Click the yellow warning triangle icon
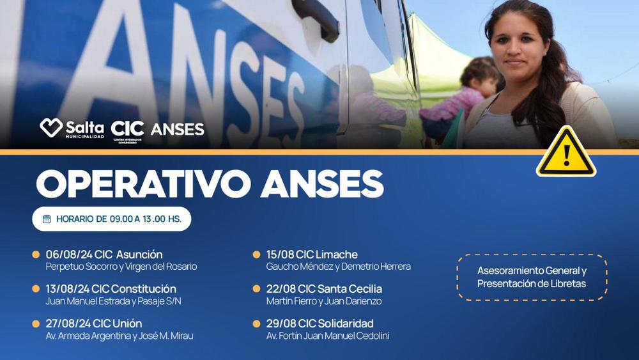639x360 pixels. coord(566,154)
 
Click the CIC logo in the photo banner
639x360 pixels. coord(127,128)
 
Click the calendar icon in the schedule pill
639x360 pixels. coord(47,219)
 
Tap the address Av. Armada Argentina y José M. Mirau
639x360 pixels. coord(120,336)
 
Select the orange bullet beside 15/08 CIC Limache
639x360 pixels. coord(257,254)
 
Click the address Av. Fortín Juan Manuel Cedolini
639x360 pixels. coord(328,336)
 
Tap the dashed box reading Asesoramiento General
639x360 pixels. coord(532,277)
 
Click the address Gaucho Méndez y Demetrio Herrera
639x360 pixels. coord(339,267)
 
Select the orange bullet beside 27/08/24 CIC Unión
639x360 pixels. coord(36,324)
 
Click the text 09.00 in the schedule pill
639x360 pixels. coord(121,219)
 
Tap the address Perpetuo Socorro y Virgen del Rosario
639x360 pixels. coord(121,267)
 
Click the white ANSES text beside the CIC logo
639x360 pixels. coord(178,129)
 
